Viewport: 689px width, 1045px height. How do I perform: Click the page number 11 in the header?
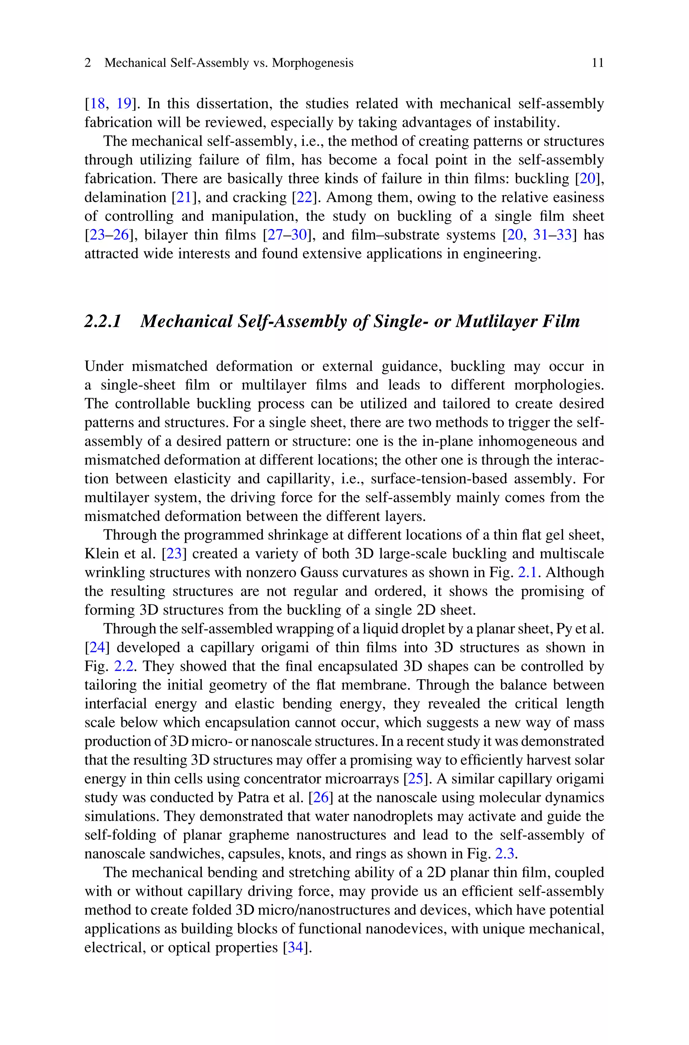pos(597,63)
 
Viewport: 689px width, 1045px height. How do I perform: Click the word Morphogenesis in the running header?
pos(313,63)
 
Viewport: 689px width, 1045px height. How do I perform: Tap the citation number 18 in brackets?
pos(97,104)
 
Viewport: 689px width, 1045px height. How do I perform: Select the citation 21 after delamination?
pos(184,197)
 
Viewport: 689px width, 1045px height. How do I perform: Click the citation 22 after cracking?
pos(304,197)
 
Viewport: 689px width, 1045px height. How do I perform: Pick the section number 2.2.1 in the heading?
pos(102,321)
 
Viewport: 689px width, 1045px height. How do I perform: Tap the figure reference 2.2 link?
pos(123,666)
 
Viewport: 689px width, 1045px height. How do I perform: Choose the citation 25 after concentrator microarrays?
pos(416,779)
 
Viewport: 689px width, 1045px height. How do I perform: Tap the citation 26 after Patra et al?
pos(321,798)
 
